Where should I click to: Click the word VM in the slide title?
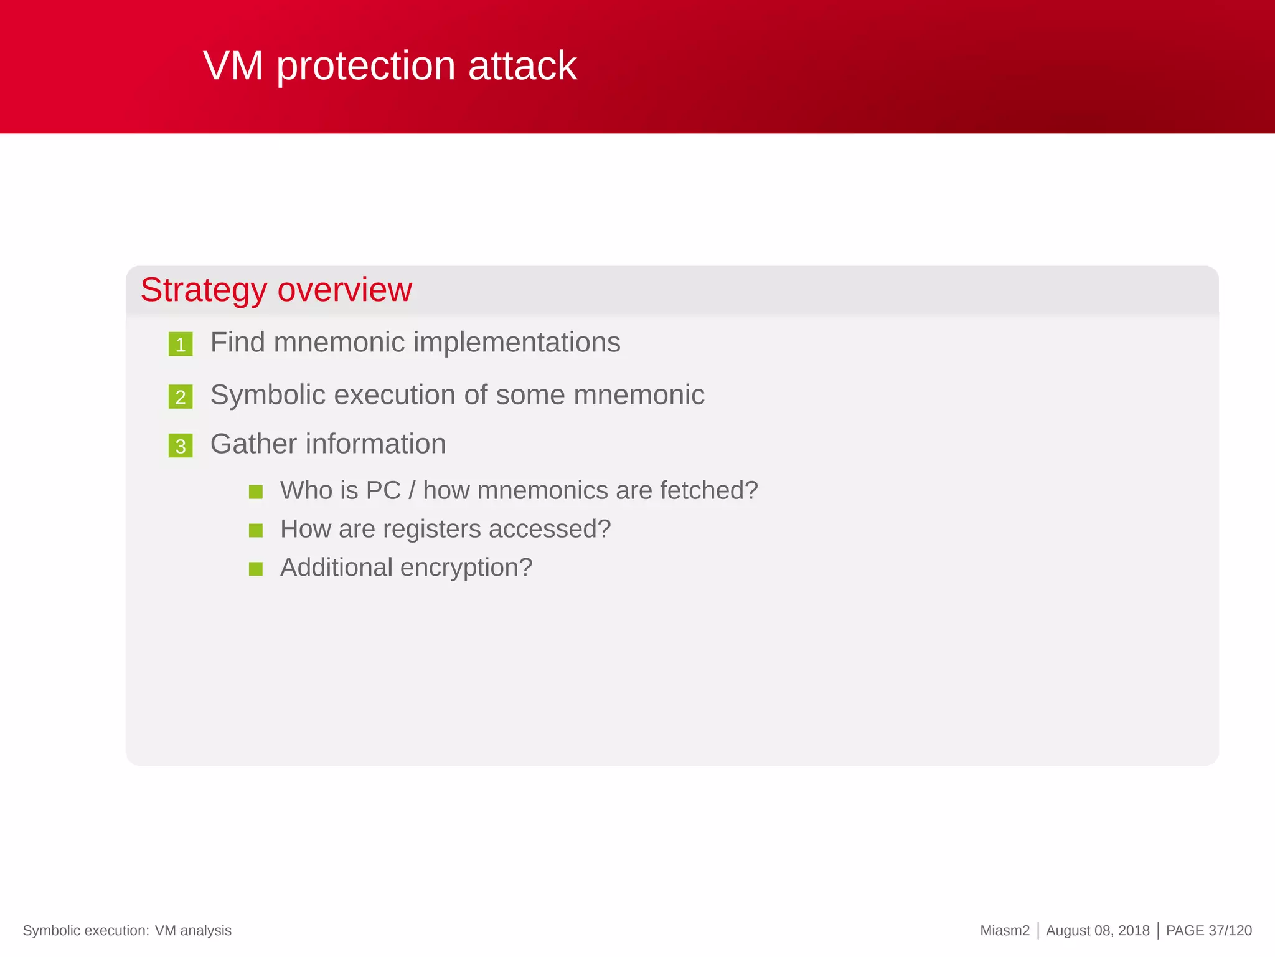pyautogui.click(x=233, y=66)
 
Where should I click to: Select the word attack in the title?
pyautogui.click(x=522, y=66)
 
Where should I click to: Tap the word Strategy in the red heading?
pyautogui.click(x=204, y=290)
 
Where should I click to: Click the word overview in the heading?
pyautogui.click(x=344, y=290)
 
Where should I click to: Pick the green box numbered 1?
pyautogui.click(x=181, y=345)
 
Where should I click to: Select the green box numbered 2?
pyautogui.click(x=181, y=397)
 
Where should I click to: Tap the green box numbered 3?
pyautogui.click(x=181, y=446)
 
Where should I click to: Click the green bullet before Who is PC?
pyautogui.click(x=255, y=492)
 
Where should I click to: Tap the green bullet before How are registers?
pyautogui.click(x=255, y=531)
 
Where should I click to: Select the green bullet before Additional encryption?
pyautogui.click(x=255, y=569)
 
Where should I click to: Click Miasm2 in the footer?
pyautogui.click(x=1004, y=931)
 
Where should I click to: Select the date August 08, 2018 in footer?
pyautogui.click(x=1098, y=931)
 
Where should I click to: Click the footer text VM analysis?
pyautogui.click(x=193, y=931)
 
